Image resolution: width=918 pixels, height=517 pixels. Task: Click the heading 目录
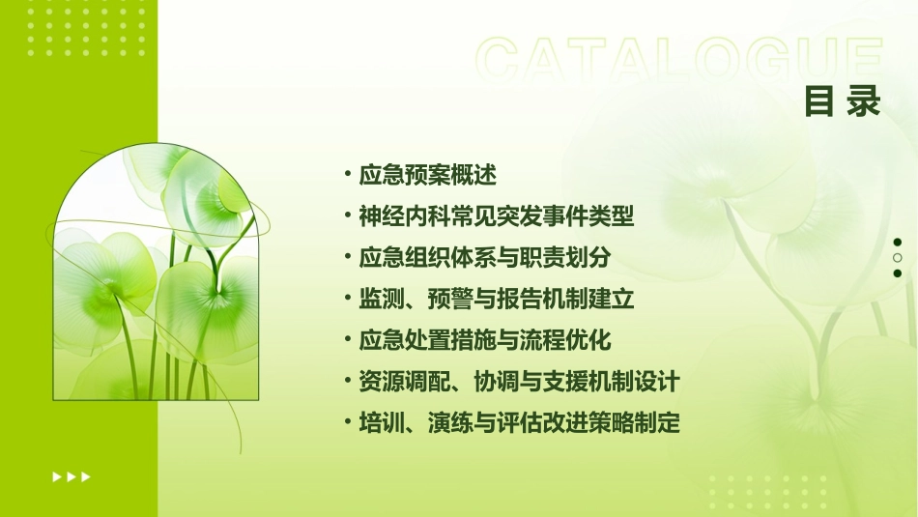(x=842, y=101)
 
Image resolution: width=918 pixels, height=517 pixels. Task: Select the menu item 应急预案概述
(x=427, y=176)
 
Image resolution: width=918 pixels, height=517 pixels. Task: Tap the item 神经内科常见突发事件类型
(x=497, y=216)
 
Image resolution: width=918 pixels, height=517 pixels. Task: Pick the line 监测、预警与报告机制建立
(x=497, y=300)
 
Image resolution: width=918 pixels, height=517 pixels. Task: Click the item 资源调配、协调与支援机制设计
(x=519, y=382)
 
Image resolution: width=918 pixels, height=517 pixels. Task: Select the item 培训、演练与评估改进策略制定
(x=519, y=423)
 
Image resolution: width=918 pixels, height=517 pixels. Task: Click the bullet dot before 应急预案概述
(x=347, y=175)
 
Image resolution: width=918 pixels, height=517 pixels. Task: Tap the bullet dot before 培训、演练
(x=347, y=422)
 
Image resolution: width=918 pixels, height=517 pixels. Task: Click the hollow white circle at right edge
(x=898, y=258)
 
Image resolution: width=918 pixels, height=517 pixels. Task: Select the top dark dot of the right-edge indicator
(x=898, y=243)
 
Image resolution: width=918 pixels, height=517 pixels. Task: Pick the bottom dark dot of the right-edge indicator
(x=898, y=273)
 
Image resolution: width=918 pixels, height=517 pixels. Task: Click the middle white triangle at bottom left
(x=72, y=476)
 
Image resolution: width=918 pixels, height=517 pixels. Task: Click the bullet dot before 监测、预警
(x=347, y=299)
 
